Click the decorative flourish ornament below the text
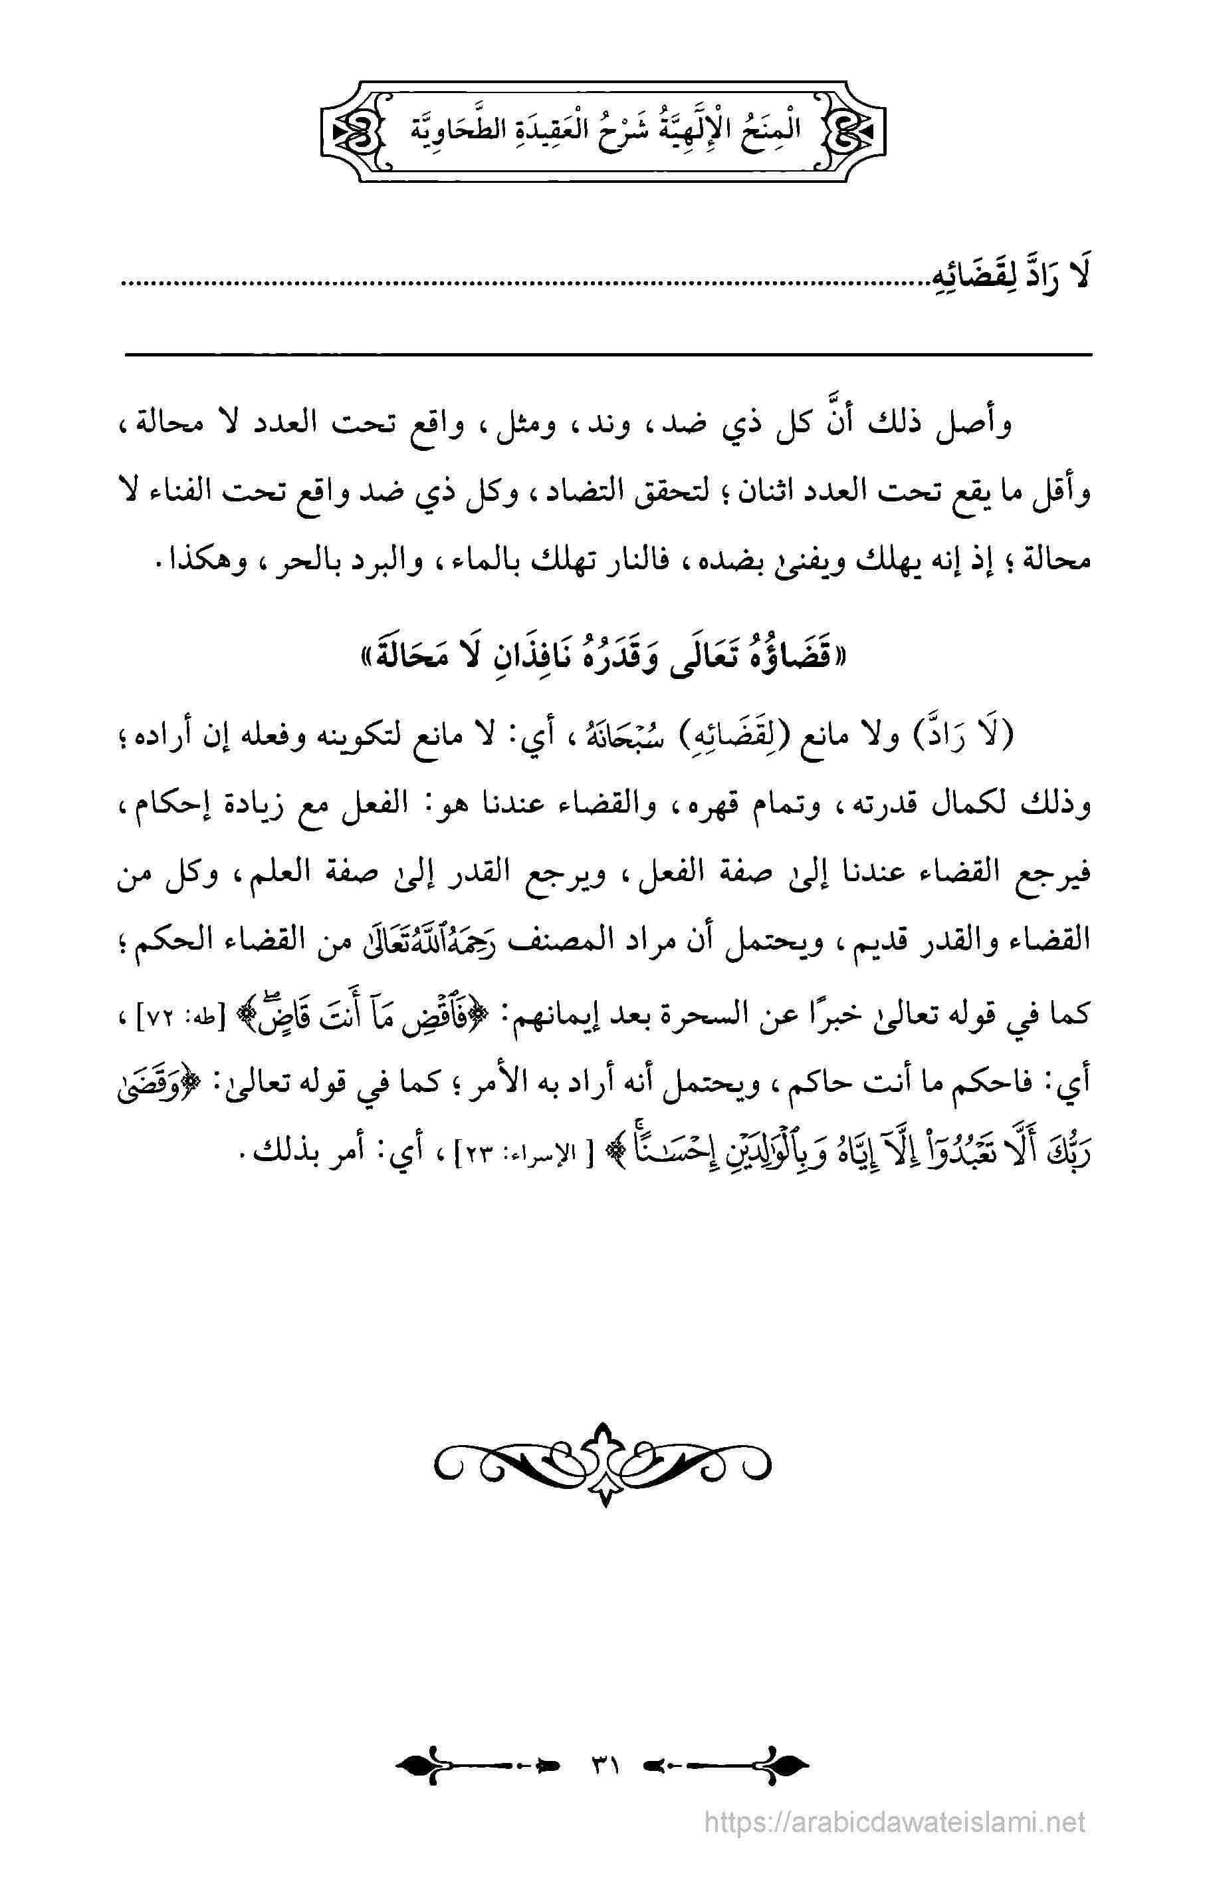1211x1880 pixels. (604, 1462)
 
